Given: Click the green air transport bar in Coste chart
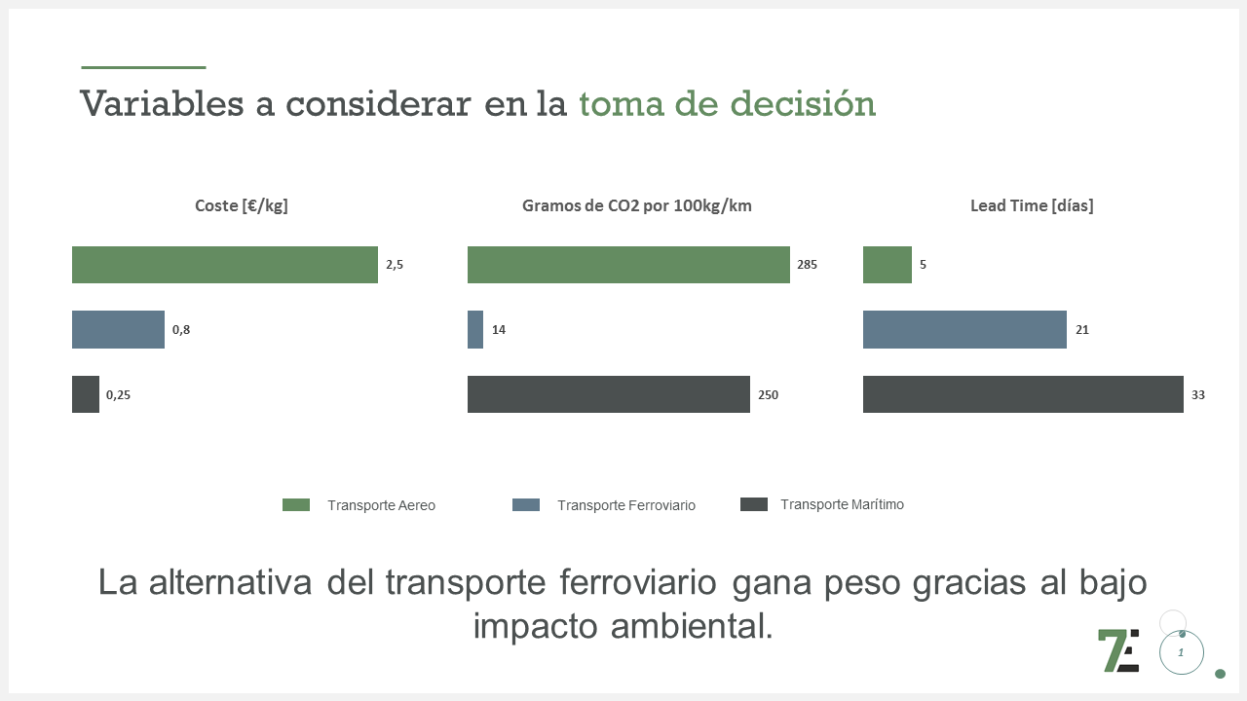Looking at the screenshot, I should pos(224,265).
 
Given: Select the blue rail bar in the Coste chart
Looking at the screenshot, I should pos(118,330).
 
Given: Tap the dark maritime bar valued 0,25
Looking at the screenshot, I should pos(86,394).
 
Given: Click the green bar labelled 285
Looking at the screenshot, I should pos(628,265).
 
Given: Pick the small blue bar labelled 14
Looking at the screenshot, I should pos(475,330).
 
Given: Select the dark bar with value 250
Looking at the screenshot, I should pos(609,394).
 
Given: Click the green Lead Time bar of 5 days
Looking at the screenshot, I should pos(887,265).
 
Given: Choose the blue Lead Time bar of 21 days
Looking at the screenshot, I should pos(964,330).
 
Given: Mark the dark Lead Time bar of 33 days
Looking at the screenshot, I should pos(1023,394).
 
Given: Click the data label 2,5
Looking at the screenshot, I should pos(395,265).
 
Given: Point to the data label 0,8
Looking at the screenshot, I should pos(181,330).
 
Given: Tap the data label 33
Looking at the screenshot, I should pos(1197,395).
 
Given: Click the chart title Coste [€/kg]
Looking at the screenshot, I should pos(242,205).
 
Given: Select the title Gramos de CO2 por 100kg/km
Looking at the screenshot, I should pos(636,205).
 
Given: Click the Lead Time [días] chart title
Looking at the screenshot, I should pos(1032,205).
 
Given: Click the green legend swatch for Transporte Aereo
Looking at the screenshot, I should pos(296,504).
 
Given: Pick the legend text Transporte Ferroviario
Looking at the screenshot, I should pos(626,505).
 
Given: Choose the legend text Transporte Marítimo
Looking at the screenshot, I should pos(842,504).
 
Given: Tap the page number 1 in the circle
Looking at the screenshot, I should pos(1181,652).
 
